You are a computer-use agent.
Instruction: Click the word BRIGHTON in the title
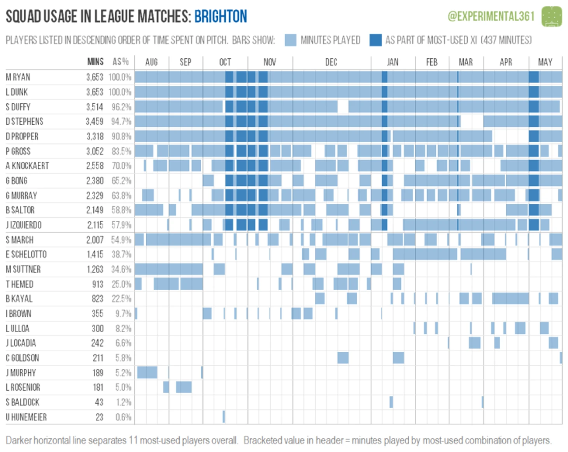click(221, 16)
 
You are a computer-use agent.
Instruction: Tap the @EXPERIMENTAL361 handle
click(491, 16)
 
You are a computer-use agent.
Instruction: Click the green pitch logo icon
click(552, 16)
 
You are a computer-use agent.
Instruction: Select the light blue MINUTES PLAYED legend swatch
click(290, 40)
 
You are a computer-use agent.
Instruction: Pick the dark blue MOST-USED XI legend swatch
click(375, 40)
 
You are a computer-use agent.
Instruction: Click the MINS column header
click(95, 62)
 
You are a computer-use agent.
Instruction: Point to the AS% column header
click(121, 62)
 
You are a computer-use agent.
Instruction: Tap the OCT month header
click(225, 62)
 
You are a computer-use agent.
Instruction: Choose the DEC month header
click(331, 62)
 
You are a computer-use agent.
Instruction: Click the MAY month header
click(545, 62)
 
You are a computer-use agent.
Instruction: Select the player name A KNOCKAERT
click(27, 166)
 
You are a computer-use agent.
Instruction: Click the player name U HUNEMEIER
click(26, 417)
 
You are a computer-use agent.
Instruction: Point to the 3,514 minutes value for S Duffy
click(95, 107)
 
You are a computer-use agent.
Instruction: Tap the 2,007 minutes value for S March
click(95, 240)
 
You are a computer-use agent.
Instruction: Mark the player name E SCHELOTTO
click(26, 255)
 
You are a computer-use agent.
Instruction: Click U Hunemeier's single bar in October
click(224, 417)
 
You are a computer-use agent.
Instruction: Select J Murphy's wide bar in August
click(147, 372)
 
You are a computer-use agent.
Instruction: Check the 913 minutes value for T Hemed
click(98, 284)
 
